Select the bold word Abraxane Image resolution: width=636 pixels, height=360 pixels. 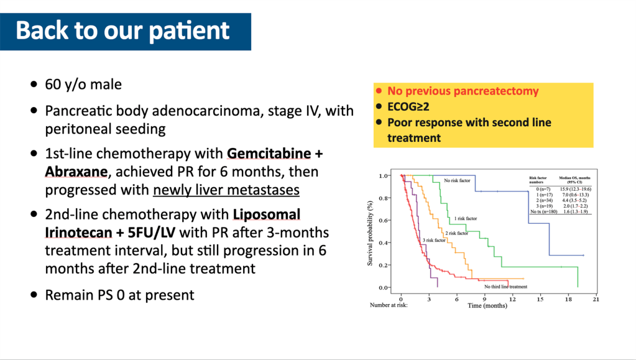[x=76, y=172]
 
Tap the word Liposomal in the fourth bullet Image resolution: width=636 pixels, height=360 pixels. [x=267, y=215]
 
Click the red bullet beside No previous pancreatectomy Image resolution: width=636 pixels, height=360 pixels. [x=379, y=91]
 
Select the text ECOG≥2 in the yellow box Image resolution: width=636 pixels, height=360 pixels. [x=408, y=107]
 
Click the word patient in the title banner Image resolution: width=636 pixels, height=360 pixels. [x=190, y=31]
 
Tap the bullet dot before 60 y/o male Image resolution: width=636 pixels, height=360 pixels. [x=34, y=85]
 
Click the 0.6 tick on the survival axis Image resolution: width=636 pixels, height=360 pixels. [x=384, y=220]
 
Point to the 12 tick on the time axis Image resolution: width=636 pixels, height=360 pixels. [x=513, y=299]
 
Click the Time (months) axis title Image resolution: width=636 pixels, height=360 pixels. [x=487, y=306]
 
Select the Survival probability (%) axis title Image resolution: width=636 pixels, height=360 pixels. [x=370, y=233]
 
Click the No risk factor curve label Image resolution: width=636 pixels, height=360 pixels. [x=457, y=180]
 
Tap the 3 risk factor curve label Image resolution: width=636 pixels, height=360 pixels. [x=434, y=240]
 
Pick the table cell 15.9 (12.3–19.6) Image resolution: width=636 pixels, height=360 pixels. [x=576, y=189]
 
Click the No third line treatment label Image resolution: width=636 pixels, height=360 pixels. [x=506, y=287]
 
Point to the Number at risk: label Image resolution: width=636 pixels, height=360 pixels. [x=389, y=305]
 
